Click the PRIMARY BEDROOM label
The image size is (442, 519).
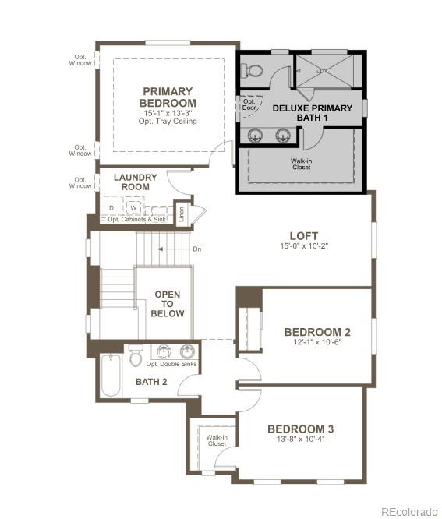[x=168, y=97]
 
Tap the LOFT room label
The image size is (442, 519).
[x=304, y=236]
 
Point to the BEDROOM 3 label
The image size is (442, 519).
[x=301, y=429]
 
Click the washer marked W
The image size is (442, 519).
[x=133, y=208]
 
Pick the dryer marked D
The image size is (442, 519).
[x=111, y=208]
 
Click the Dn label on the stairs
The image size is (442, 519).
[x=198, y=249]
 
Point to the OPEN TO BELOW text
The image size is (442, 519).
[x=168, y=304]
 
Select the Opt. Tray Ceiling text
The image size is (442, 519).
[x=168, y=122]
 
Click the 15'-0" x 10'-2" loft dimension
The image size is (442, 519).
[x=304, y=247]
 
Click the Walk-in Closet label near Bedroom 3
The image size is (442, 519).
[x=217, y=441]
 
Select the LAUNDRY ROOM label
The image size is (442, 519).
[x=135, y=182]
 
